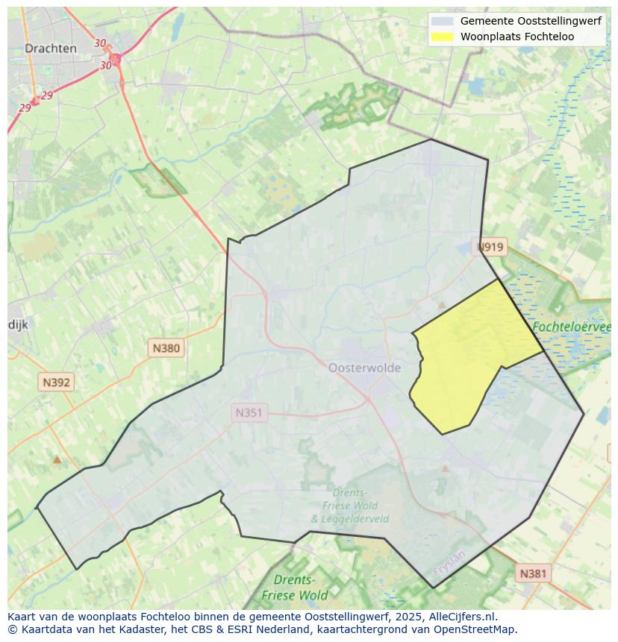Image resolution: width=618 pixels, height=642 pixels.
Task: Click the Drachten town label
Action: coord(50,48)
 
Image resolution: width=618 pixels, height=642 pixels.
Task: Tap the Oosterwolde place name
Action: coord(364,368)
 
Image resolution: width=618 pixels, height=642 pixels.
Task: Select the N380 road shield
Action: coord(166,347)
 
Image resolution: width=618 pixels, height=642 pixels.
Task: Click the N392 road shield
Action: coord(56,383)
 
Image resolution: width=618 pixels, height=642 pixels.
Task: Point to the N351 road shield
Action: coord(250,413)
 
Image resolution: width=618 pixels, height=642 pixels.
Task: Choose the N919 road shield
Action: coord(490,248)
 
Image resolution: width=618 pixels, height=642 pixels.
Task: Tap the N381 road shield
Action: coord(533,573)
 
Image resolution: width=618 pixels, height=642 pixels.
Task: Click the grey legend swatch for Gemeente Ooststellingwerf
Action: coord(442,22)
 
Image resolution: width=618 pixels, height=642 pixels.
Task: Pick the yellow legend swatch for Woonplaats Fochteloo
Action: coord(442,37)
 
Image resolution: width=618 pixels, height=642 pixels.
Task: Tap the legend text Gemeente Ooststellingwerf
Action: coord(531,22)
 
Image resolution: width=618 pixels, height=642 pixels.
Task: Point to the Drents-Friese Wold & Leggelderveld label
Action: coord(349,506)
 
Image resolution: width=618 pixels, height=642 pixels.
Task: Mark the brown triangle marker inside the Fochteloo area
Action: coord(442,305)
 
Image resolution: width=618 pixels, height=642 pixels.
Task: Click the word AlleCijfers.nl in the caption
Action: coord(463,617)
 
